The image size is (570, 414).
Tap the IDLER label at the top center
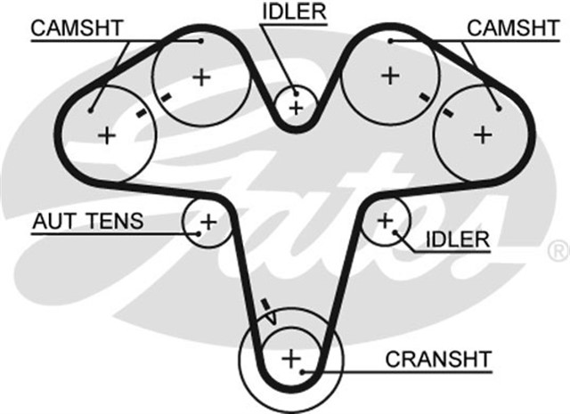294,12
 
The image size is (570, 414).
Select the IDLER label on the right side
458,239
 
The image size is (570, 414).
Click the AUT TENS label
87,220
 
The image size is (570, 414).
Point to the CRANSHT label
438,359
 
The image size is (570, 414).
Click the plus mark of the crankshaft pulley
290,359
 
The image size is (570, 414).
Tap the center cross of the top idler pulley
297,107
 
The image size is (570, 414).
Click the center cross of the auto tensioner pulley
208,221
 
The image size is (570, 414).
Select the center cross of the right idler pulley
386,219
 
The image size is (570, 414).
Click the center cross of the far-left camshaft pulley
108,135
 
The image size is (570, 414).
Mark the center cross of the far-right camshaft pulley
482,134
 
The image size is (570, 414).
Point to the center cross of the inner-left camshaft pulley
201,77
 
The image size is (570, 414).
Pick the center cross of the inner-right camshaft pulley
389,76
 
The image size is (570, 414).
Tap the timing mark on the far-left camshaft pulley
139,113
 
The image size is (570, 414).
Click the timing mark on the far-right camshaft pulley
448,112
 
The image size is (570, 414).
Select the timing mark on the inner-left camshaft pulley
165,96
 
